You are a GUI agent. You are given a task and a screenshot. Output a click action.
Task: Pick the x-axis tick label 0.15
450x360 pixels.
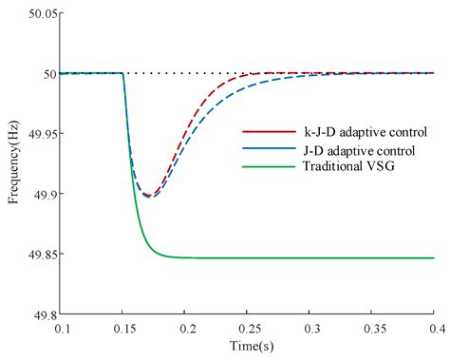coord(122,328)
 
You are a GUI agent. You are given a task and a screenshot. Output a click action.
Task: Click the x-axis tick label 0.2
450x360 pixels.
coord(185,328)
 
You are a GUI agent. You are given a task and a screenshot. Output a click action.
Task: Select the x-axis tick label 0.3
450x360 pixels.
coord(309,328)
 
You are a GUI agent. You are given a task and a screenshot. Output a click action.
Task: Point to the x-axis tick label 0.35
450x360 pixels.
coord(371,328)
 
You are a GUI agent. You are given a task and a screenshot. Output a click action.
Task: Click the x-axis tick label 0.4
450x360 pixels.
coord(432,328)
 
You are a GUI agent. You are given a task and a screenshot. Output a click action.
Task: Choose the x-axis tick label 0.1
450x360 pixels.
coord(62,328)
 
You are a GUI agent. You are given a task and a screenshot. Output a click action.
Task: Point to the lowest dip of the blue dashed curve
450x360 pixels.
coord(150,198)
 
